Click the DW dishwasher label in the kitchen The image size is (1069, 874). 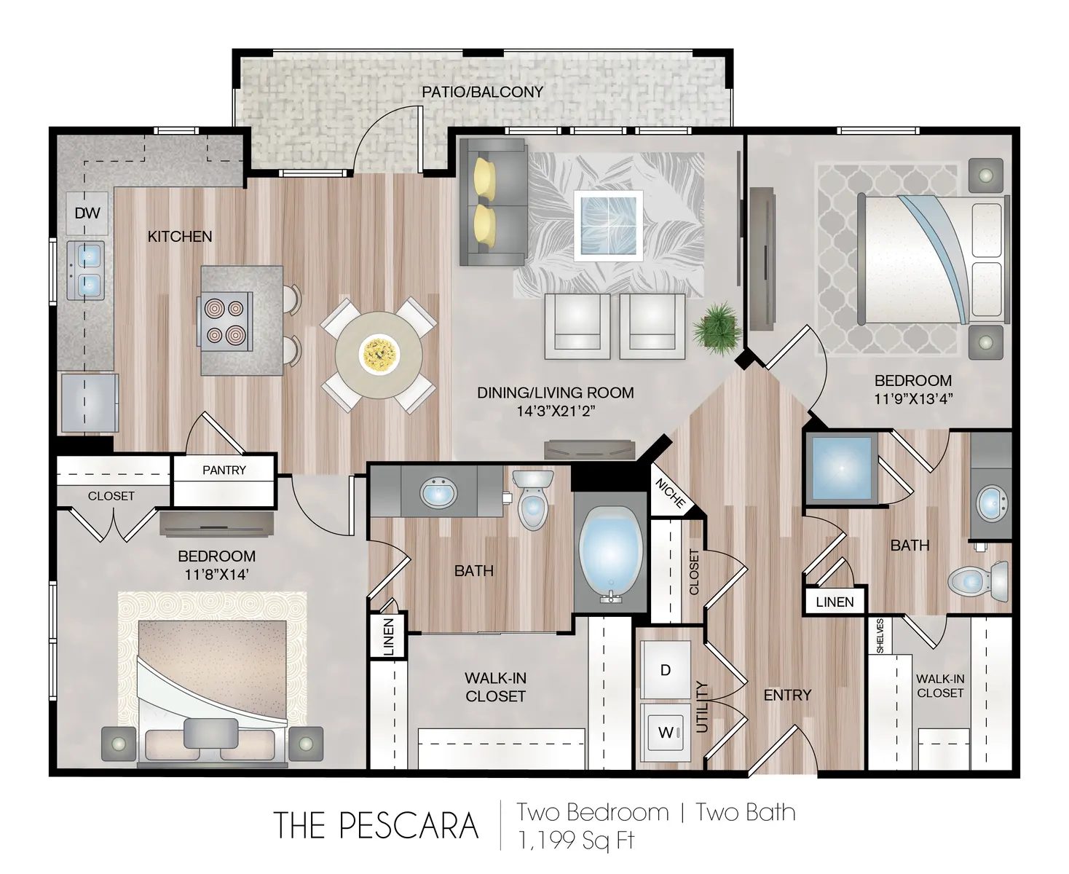click(87, 213)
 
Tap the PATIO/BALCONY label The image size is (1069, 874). click(482, 92)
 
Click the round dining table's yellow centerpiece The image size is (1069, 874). click(378, 353)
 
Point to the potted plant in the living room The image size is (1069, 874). click(713, 328)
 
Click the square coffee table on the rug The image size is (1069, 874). click(607, 225)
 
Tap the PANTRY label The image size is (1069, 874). click(224, 471)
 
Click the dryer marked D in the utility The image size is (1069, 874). click(665, 670)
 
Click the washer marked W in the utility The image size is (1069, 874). click(665, 733)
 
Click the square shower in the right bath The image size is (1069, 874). click(841, 468)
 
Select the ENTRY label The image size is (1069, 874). click(786, 696)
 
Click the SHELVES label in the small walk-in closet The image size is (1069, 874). click(880, 636)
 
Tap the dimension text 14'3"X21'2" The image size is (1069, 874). click(555, 412)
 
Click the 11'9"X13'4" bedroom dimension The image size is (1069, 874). click(913, 398)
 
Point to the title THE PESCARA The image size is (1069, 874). click(376, 825)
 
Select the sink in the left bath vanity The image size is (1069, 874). click(439, 494)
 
